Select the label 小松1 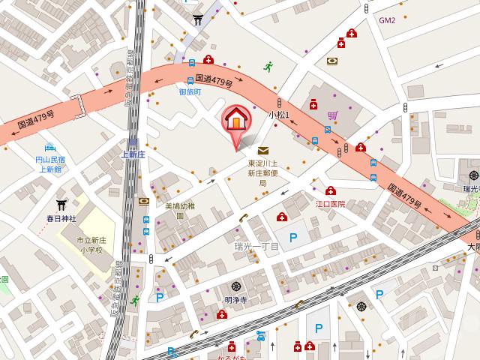pos(279,114)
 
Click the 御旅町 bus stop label pos(190,91)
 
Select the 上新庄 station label pos(132,154)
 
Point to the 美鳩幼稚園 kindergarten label pos(179,210)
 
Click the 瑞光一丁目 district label pos(256,246)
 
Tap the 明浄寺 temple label pos(235,300)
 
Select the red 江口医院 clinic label pos(330,203)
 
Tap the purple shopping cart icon pos(332,115)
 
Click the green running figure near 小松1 pos(268,66)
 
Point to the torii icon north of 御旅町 pos(198,21)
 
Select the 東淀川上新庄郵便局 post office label pos(263,172)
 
